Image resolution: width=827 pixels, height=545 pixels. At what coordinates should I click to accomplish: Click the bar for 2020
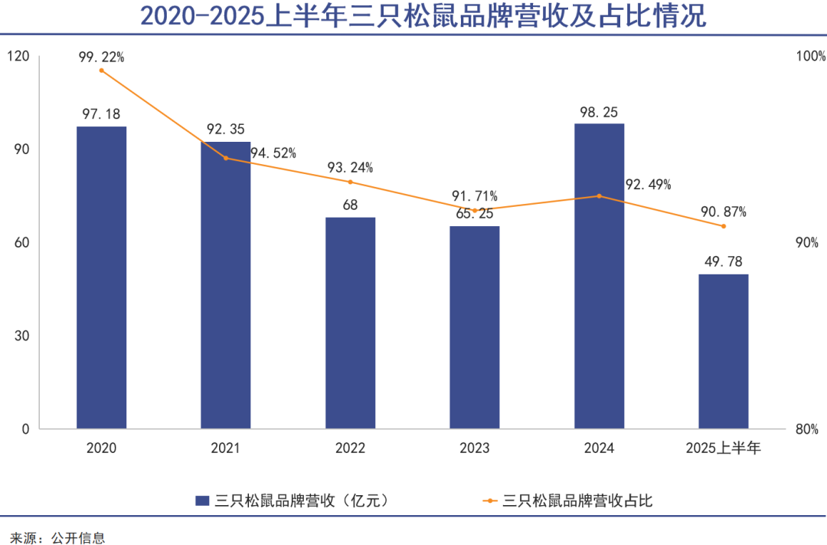pyautogui.click(x=101, y=277)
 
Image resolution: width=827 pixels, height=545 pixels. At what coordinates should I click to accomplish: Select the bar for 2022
pyautogui.click(x=350, y=323)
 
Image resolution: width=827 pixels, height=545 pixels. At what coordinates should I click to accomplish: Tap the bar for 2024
pyautogui.click(x=599, y=275)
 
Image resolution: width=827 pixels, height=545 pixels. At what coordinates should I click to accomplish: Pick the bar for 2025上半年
pyautogui.click(x=723, y=351)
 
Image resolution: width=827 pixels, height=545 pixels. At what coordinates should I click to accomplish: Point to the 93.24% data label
pyautogui.click(x=350, y=168)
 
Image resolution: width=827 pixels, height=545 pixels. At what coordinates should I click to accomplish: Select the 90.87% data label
pyautogui.click(x=723, y=212)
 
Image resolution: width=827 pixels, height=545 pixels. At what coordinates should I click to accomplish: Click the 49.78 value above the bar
pyautogui.click(x=723, y=261)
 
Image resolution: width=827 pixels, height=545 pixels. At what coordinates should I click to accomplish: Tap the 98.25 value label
pyautogui.click(x=599, y=110)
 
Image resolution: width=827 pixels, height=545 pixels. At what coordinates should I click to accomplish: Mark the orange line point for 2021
pyautogui.click(x=226, y=158)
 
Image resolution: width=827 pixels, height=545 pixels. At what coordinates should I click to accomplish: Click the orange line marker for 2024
pyautogui.click(x=599, y=196)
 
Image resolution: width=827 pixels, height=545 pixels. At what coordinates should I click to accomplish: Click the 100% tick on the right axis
pyautogui.click(x=811, y=56)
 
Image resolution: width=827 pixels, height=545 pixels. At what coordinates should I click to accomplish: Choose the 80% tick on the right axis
pyautogui.click(x=807, y=429)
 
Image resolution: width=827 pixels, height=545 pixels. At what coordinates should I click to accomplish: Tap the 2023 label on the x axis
pyautogui.click(x=474, y=448)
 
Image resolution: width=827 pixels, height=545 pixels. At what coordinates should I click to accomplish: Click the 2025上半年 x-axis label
pyautogui.click(x=723, y=448)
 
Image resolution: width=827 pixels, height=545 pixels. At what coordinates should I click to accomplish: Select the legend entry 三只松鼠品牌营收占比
pyautogui.click(x=578, y=501)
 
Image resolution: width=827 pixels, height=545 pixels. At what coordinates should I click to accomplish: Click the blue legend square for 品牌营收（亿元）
pyautogui.click(x=203, y=501)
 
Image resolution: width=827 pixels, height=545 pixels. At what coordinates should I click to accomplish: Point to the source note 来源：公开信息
pyautogui.click(x=57, y=537)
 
